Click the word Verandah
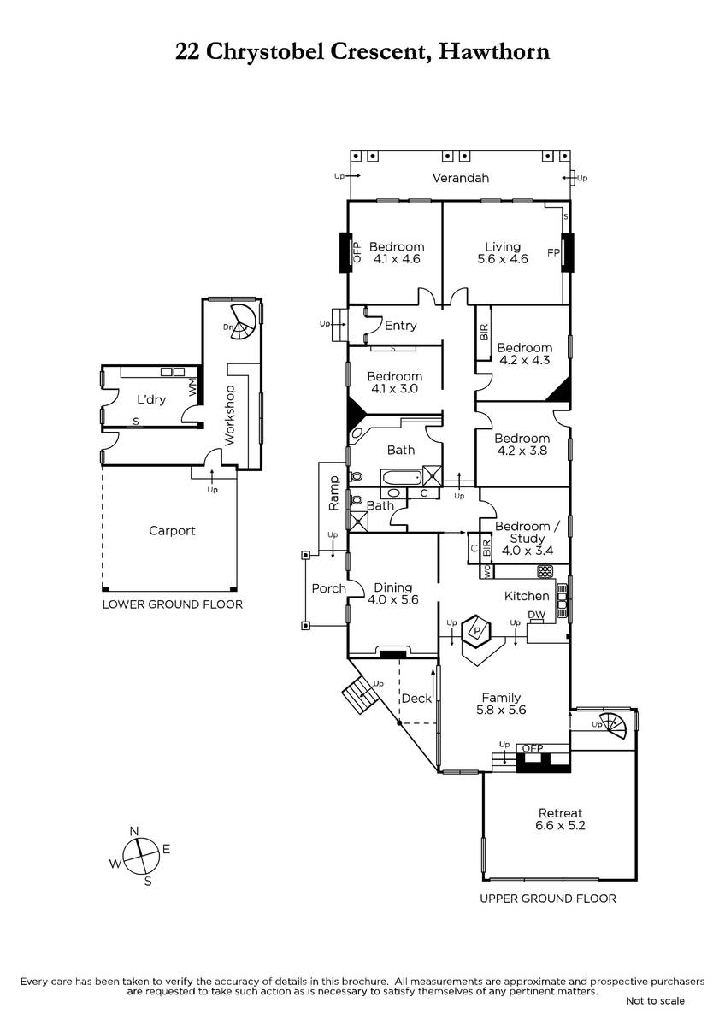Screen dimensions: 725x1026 point(460,178)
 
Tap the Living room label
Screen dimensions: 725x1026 point(503,253)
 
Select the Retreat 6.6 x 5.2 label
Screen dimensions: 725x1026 point(560,819)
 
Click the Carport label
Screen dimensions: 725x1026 point(172,530)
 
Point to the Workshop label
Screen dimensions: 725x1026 point(229,415)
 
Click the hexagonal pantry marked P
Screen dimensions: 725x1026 point(476,631)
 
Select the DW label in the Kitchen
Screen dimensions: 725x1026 point(536,615)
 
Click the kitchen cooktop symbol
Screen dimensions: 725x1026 point(545,571)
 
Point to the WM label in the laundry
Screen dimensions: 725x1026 point(192,386)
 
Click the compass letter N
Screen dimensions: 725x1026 point(134,831)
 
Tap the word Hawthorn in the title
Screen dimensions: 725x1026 point(494,51)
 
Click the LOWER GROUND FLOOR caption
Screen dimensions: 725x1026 point(172,604)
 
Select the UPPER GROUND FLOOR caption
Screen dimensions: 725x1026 point(548,899)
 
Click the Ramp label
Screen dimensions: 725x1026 point(333,493)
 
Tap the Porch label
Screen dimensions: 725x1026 point(328,588)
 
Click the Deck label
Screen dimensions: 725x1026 point(416,698)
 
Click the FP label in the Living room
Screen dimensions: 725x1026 point(553,252)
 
